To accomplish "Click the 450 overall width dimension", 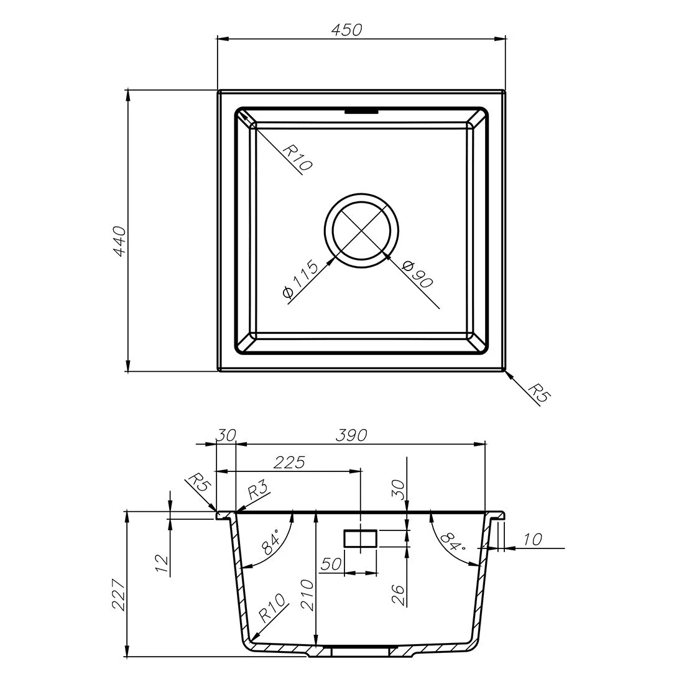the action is (x=347, y=30).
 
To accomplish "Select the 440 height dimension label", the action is (x=119, y=241).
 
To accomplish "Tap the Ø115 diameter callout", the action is (x=300, y=279).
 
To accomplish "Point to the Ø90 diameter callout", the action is (x=417, y=274).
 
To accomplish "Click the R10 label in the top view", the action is (x=297, y=157).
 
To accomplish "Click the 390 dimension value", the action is (x=351, y=435).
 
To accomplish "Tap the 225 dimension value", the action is (x=289, y=463).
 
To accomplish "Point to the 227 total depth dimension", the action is (x=119, y=594).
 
